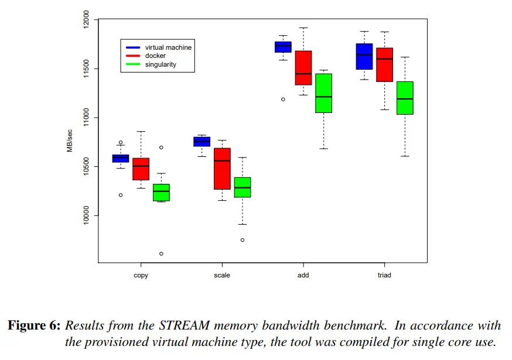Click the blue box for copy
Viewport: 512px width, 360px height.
coord(121,158)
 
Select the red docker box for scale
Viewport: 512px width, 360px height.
coord(222,169)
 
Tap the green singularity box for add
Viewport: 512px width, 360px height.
coord(323,93)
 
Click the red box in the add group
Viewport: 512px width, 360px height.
coord(303,68)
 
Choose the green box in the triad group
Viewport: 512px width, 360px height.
coord(405,98)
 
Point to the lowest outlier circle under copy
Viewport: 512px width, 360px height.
coord(161,253)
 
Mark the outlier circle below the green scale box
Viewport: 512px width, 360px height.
coord(243,240)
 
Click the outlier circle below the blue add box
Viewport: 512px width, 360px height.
coord(283,100)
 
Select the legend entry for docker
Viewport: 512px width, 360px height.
coord(155,56)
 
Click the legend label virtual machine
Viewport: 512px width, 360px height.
coord(168,47)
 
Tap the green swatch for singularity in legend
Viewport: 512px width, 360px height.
coord(134,64)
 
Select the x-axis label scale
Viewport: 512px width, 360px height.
coord(222,275)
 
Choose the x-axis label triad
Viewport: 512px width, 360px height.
coord(384,275)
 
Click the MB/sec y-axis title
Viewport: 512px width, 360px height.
coord(69,141)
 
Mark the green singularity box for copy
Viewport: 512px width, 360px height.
coord(161,193)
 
